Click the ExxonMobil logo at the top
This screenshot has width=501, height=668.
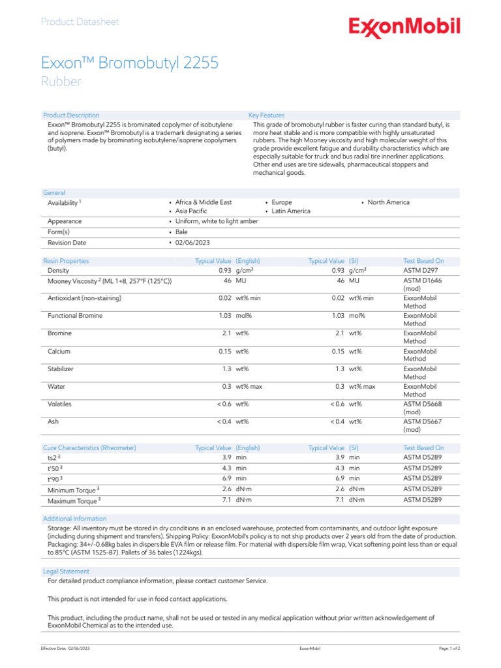(404, 27)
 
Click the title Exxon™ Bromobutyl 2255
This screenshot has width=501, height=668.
(130, 63)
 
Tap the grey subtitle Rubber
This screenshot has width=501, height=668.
(61, 82)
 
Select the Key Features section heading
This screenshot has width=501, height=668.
(267, 115)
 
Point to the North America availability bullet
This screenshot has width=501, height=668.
(388, 202)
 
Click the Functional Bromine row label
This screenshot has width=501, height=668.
(75, 316)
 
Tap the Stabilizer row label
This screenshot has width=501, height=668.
(61, 369)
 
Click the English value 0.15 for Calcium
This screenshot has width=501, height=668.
(225, 352)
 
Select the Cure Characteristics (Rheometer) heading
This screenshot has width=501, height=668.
(89, 448)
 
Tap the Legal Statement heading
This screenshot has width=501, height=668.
(66, 571)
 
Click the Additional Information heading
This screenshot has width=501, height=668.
(75, 519)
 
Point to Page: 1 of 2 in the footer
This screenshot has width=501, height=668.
(449, 649)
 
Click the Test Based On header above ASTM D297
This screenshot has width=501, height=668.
(423, 261)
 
